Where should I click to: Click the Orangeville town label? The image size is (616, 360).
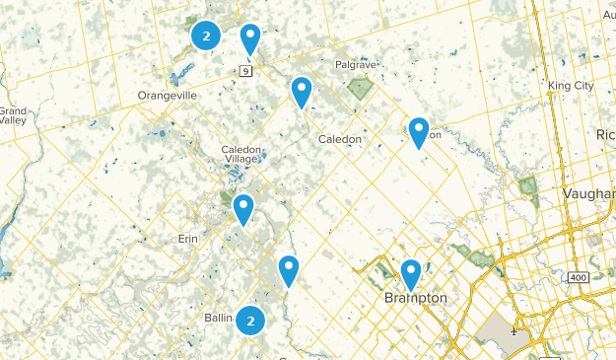click(x=168, y=96)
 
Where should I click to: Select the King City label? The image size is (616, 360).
click(x=571, y=86)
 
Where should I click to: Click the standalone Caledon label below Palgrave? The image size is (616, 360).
click(x=339, y=139)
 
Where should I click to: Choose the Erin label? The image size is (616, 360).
click(x=188, y=239)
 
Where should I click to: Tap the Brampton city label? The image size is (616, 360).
click(x=415, y=298)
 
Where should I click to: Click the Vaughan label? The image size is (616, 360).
click(x=590, y=194)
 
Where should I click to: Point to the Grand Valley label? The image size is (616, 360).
click(x=12, y=115)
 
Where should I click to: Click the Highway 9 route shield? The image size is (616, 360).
click(x=244, y=70)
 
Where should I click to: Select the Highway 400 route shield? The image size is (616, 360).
click(x=579, y=279)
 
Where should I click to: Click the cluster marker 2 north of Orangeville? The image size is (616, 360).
click(x=205, y=36)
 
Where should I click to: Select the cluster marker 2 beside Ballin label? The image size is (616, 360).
click(x=251, y=320)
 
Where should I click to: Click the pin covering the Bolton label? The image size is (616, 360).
click(x=419, y=131)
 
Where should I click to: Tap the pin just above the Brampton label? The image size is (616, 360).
click(x=411, y=273)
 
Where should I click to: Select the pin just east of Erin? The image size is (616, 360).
click(x=242, y=208)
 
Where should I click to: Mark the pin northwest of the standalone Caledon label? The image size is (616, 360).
click(x=302, y=92)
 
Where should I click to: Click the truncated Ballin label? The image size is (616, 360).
click(x=218, y=319)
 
